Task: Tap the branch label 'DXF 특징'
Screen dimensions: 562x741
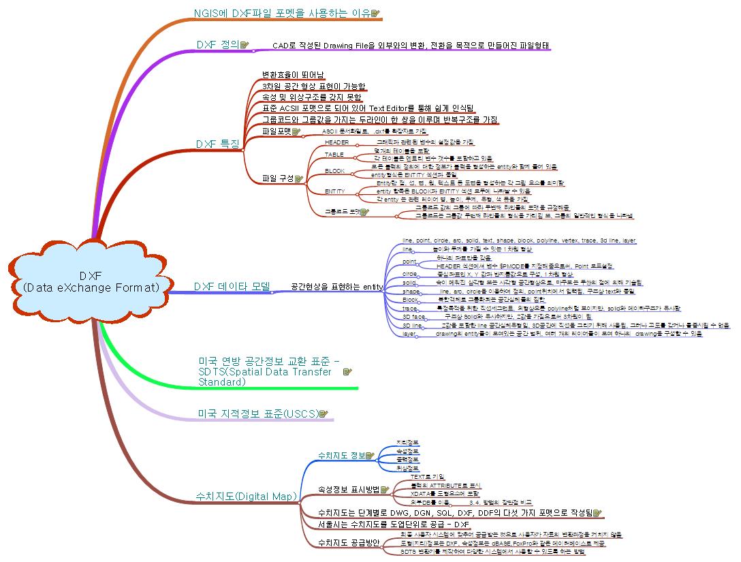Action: [x=217, y=144]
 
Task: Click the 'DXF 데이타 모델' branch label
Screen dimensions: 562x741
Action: [x=232, y=287]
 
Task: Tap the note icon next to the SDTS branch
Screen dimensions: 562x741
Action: [x=347, y=372]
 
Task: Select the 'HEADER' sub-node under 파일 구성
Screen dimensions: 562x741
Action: [x=336, y=142]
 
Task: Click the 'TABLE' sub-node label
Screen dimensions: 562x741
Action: [x=334, y=155]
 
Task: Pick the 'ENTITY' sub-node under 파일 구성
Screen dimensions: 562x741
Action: [x=334, y=191]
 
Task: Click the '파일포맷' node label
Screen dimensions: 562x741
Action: [x=277, y=131]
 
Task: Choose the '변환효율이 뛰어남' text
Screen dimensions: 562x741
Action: [x=293, y=75]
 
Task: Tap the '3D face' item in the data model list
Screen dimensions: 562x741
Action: [x=413, y=317]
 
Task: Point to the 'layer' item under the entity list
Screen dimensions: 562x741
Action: [x=409, y=334]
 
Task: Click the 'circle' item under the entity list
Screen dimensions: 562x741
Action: [x=410, y=273]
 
